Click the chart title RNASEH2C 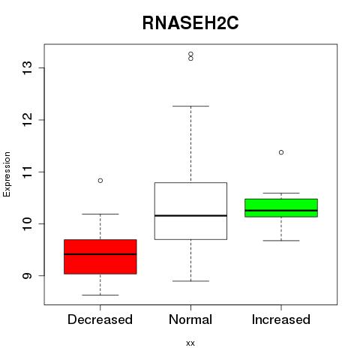coord(190,23)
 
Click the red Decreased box coord(100,256)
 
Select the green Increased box coord(281,208)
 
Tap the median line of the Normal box coord(190,215)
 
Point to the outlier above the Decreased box coord(100,181)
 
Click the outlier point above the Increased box coord(281,152)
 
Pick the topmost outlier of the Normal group coord(190,54)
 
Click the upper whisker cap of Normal coord(190,106)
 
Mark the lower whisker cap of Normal coord(190,281)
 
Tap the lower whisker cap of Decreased coord(100,295)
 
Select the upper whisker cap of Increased coord(281,193)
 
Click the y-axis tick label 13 coord(28,67)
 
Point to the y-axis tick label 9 coord(28,275)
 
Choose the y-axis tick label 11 coord(28,172)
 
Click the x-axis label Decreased coord(100,319)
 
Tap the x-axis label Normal coord(190,319)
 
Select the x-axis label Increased coord(281,319)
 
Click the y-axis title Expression coord(7,174)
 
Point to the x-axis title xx coord(190,343)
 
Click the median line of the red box coord(100,254)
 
